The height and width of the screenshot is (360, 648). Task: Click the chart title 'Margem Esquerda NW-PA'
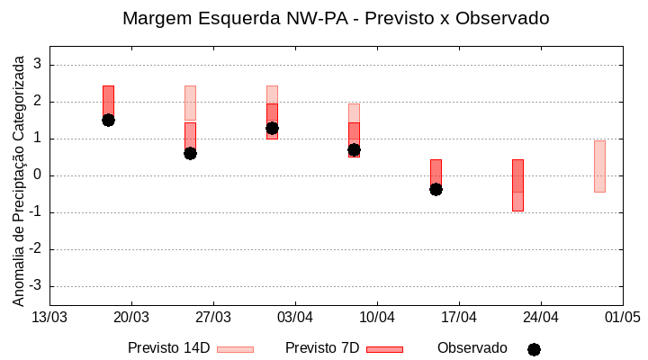335,18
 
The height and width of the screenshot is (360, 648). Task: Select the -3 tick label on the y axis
35,286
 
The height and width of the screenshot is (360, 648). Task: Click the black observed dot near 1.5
108,120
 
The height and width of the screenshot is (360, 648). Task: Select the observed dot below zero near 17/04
436,189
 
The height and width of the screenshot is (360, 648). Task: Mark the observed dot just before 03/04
272,128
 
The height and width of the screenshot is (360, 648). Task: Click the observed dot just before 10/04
354,149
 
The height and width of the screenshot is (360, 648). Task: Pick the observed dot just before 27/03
190,153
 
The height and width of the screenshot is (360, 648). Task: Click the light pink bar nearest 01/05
599,166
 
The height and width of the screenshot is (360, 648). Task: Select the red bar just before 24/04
517,184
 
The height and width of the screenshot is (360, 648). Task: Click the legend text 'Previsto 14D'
168,348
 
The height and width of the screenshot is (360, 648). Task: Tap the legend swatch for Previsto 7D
384,349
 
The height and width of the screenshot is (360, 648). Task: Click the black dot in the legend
534,349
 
